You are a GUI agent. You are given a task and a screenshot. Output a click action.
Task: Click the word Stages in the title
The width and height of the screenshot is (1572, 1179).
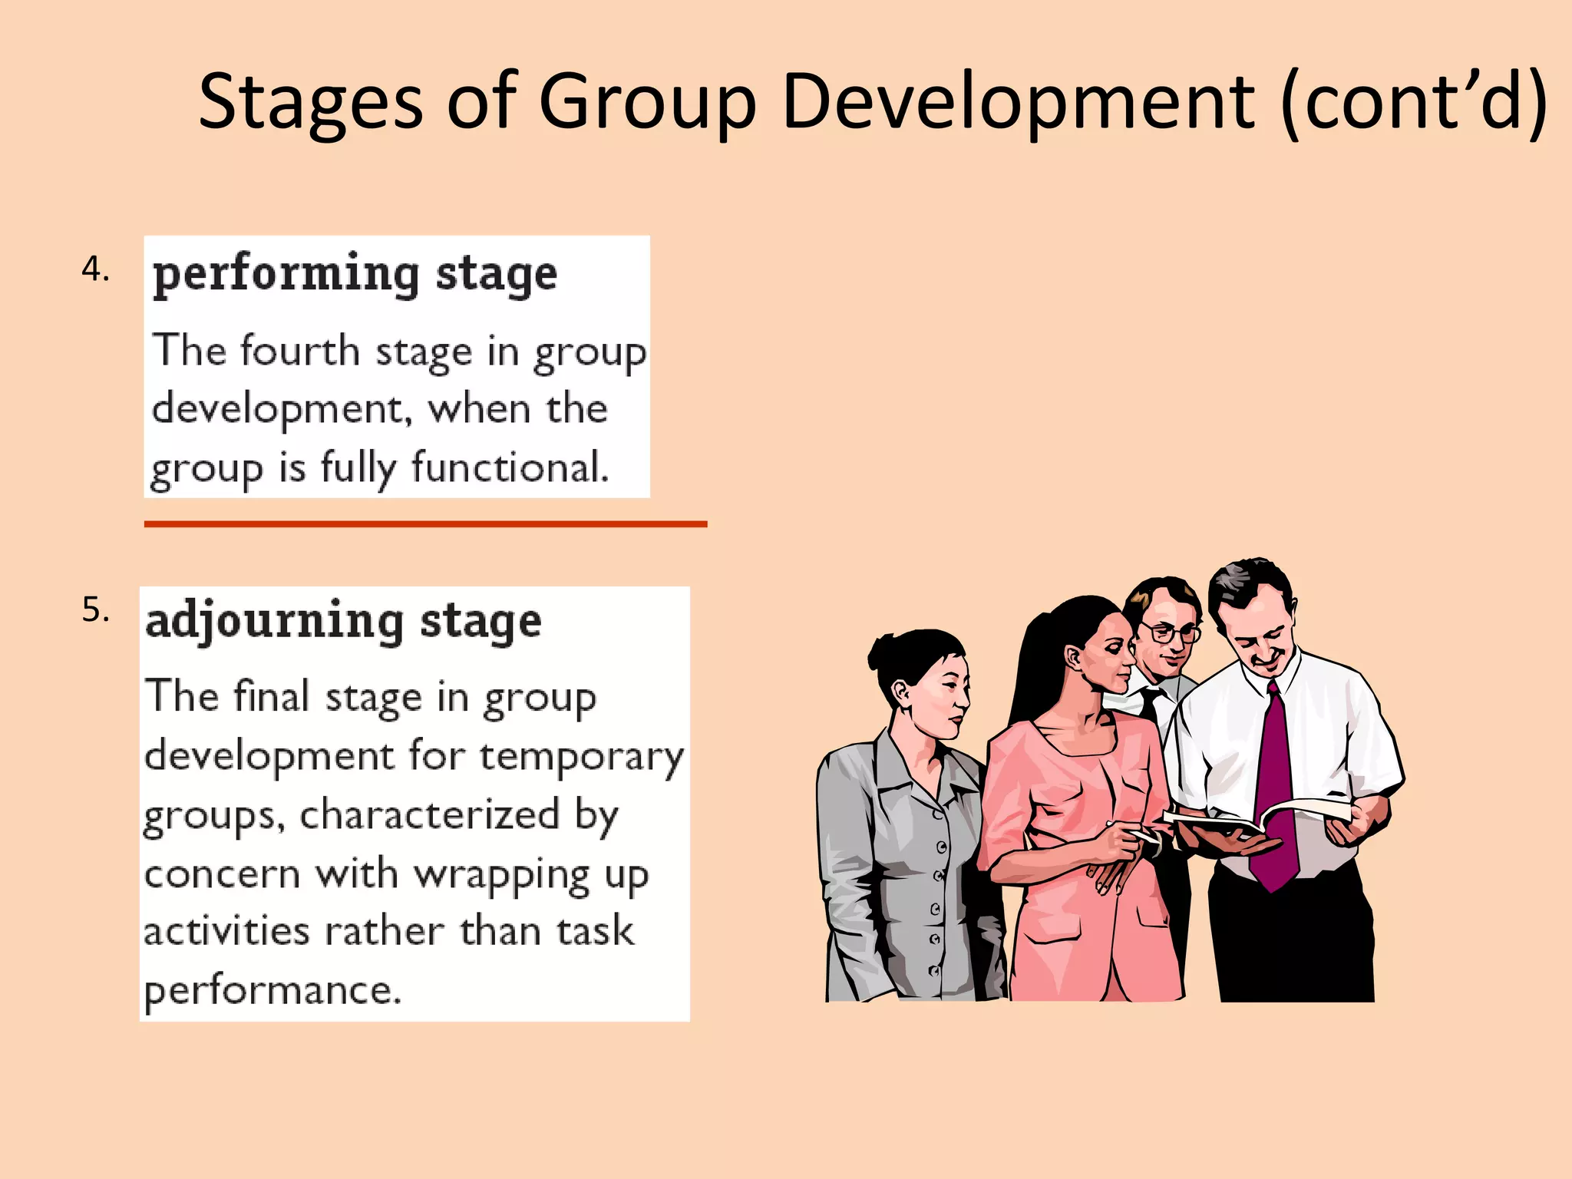(x=310, y=101)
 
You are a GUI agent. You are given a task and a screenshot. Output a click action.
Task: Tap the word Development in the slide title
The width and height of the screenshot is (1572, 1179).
(x=1018, y=101)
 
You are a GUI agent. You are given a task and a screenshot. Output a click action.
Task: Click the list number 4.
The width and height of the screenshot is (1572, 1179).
(x=95, y=269)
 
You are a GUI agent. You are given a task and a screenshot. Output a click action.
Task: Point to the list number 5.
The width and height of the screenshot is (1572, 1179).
(x=95, y=610)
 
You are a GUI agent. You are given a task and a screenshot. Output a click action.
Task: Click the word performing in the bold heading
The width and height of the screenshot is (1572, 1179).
(x=286, y=275)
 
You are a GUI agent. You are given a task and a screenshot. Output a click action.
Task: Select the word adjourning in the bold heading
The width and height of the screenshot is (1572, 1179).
(x=274, y=622)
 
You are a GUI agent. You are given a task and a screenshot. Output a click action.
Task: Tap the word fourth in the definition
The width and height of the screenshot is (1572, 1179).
(x=300, y=352)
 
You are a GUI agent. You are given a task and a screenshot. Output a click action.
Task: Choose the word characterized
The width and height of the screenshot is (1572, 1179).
(x=429, y=814)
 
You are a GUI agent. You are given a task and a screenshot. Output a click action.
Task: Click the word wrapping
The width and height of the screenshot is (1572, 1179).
(x=502, y=875)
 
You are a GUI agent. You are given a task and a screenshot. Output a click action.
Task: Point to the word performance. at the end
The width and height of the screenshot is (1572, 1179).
(x=272, y=990)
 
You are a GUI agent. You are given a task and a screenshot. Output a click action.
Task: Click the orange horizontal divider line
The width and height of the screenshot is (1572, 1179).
(x=425, y=524)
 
